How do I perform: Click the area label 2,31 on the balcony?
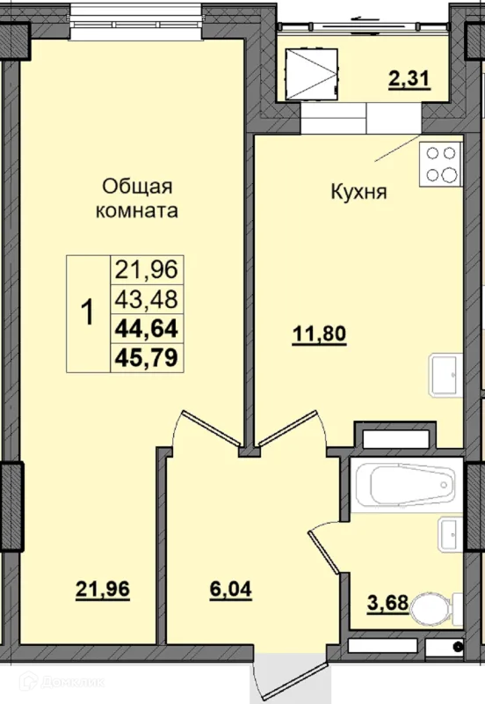409,79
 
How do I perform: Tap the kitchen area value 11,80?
319,334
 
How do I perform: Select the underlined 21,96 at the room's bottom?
103,589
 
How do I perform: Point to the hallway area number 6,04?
230,589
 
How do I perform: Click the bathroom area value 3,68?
387,603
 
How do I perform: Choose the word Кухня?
358,192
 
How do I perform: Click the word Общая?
137,187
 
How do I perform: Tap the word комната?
137,210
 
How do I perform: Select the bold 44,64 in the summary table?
147,328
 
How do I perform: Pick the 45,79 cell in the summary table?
147,358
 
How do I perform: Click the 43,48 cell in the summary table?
147,299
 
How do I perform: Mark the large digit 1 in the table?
88,313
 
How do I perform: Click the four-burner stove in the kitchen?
440,165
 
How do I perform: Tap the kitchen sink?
445,375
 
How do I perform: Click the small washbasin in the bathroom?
450,534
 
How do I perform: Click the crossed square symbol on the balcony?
312,74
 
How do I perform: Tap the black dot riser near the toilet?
458,647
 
